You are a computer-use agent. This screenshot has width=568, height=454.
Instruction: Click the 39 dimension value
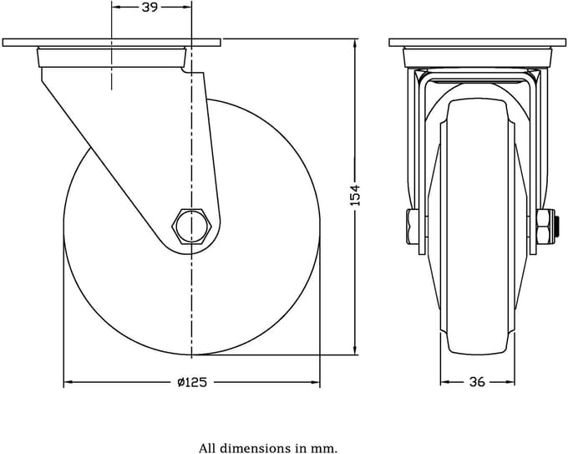(x=150, y=8)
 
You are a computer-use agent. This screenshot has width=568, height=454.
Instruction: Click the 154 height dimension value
(x=356, y=195)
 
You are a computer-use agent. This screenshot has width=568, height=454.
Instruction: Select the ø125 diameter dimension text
(x=192, y=382)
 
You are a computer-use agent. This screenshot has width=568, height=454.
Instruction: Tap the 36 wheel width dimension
(x=477, y=382)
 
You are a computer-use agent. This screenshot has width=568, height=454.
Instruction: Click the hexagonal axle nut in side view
(x=191, y=226)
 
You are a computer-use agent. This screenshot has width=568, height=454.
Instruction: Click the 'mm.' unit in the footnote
(x=327, y=448)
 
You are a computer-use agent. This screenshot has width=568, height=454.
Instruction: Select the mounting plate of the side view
(x=111, y=43)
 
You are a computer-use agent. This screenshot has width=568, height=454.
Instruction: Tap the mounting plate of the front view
(x=477, y=43)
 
